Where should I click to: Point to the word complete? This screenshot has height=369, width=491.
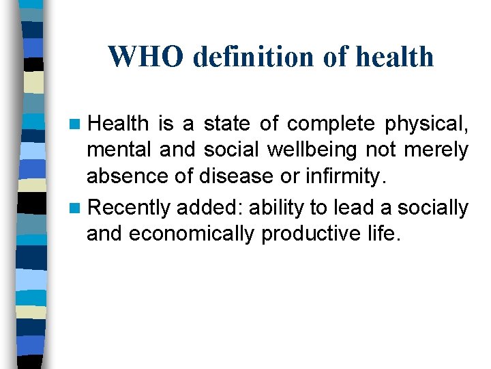pyautogui.click(x=331, y=124)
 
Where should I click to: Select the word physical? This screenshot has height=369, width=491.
pyautogui.click(x=427, y=124)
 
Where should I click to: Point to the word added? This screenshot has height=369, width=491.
pyautogui.click(x=201, y=207)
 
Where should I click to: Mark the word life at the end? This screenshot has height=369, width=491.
pyautogui.click(x=381, y=234)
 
